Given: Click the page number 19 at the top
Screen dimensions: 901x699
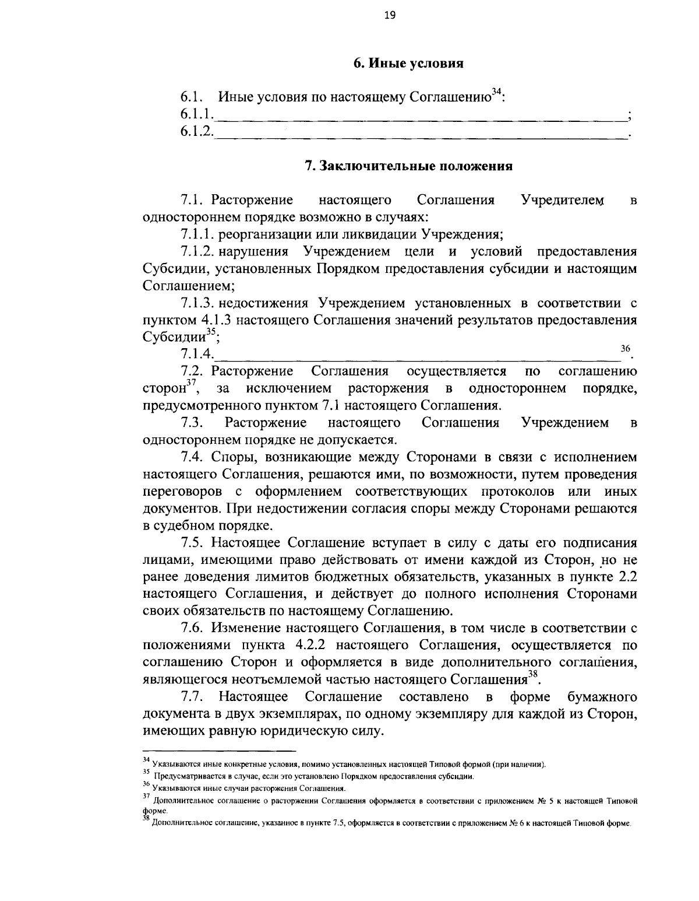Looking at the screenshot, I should point(390,16).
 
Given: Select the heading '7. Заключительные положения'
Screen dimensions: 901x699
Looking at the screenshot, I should point(409,166).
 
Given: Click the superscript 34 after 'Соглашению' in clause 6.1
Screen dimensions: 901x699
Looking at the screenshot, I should point(496,92).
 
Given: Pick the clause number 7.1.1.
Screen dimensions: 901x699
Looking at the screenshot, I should point(199,235).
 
